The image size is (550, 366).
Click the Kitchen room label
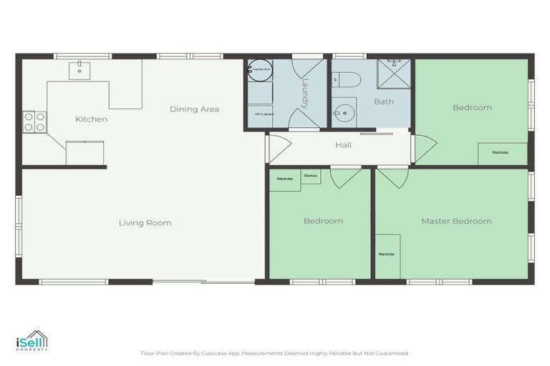(92, 119)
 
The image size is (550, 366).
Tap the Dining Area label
(194, 109)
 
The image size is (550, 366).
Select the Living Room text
(145, 223)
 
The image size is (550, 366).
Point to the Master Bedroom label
(456, 221)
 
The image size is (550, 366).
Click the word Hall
(343, 145)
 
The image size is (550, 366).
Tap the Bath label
(384, 102)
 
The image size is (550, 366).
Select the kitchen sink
(79, 69)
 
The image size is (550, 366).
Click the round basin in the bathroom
(345, 113)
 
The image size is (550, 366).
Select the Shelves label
(311, 176)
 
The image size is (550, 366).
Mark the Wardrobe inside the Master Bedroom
(387, 254)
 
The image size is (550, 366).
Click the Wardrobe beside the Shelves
(284, 179)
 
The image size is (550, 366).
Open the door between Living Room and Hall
(277, 149)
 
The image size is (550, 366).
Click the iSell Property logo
(32, 341)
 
